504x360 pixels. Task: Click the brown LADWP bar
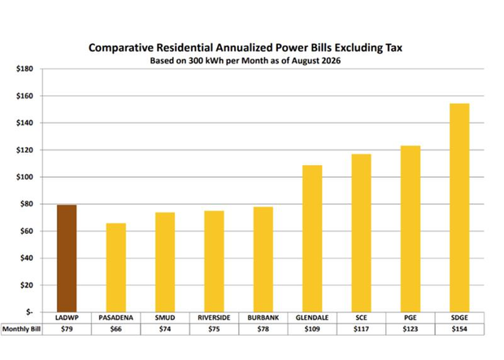[x=67, y=258]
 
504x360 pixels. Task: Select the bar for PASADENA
[x=116, y=267]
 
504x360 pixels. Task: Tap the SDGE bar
[x=459, y=208]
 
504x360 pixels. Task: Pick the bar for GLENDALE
[x=312, y=238]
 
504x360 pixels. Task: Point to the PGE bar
[x=411, y=229]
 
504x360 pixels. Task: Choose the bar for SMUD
[x=165, y=262]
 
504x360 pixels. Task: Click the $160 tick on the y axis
[x=24, y=96]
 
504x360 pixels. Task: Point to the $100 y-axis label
[x=24, y=177]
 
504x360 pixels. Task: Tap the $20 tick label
[x=27, y=285]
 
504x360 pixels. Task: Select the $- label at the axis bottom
[x=29, y=312]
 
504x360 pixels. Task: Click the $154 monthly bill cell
[x=459, y=329]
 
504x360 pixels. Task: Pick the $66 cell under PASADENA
[x=116, y=329]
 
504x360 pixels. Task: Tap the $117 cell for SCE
[x=361, y=329]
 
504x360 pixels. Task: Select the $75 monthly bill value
[x=214, y=329]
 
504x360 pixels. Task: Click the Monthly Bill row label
[x=21, y=329]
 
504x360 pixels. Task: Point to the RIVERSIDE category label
[x=214, y=318]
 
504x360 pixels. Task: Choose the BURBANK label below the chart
[x=263, y=318]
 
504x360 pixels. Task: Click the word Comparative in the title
[x=119, y=48]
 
